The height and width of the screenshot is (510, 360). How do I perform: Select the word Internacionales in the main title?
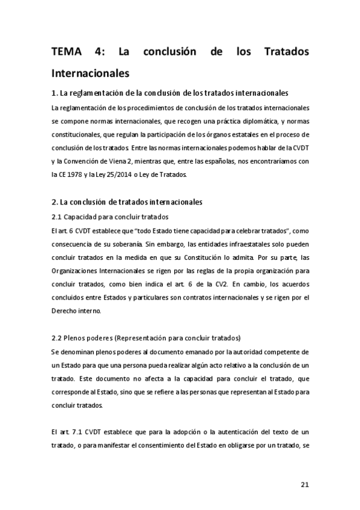90,75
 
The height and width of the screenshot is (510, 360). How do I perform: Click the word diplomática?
231,121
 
